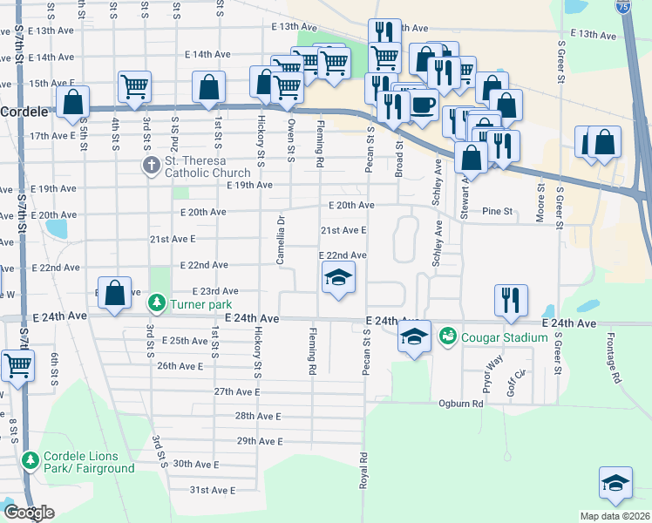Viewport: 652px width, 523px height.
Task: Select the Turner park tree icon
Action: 156,304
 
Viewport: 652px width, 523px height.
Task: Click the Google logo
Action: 29,513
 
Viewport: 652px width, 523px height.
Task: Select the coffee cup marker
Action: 424,105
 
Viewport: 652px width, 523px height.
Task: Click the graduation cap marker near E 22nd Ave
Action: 337,279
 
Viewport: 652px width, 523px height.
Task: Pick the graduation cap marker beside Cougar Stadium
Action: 414,336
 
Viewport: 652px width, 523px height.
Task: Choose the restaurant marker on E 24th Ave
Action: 510,299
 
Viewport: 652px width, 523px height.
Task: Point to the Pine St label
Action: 498,211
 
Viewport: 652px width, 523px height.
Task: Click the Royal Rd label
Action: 363,470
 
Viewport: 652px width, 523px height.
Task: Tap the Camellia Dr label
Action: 281,229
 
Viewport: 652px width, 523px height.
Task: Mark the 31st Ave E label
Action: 213,491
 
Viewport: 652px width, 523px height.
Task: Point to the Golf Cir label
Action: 520,382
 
